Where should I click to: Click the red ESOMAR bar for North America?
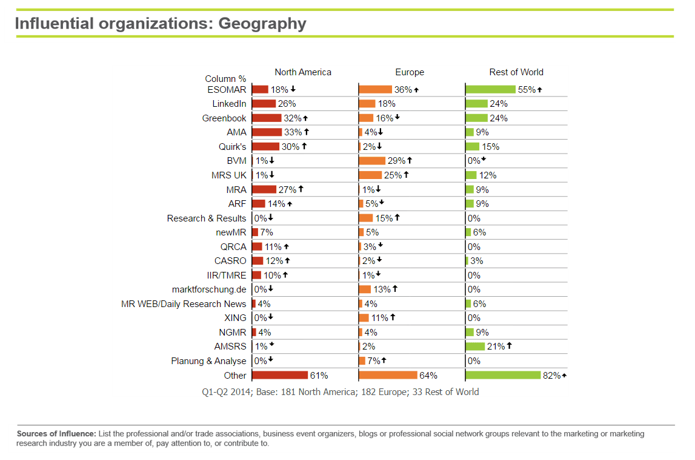[260, 89]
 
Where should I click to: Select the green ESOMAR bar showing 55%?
[491, 89]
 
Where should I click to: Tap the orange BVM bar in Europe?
[372, 161]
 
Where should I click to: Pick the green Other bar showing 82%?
[503, 376]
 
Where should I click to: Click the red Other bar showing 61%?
[280, 376]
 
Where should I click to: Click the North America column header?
[303, 72]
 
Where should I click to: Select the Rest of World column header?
[516, 72]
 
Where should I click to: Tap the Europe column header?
[410, 72]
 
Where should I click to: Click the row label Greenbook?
[224, 118]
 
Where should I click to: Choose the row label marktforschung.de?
[209, 289]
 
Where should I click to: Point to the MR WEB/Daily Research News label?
[184, 304]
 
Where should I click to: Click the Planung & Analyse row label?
[208, 361]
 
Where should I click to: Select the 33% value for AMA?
[293, 132]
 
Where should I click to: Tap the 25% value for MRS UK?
[393, 175]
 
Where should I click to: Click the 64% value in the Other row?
[428, 376]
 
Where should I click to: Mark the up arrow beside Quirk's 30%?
[305, 146]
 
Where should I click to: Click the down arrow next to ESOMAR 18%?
[293, 89]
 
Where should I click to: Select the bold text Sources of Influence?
[56, 434]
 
